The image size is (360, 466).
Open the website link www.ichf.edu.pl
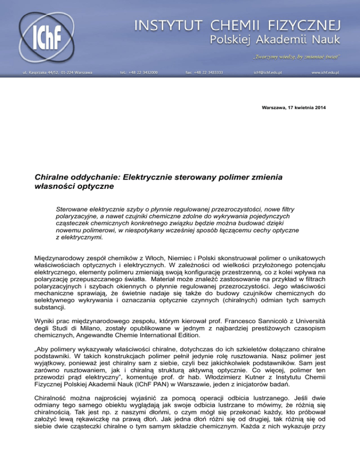pos(325,73)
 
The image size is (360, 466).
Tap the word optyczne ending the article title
pos(102,188)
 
